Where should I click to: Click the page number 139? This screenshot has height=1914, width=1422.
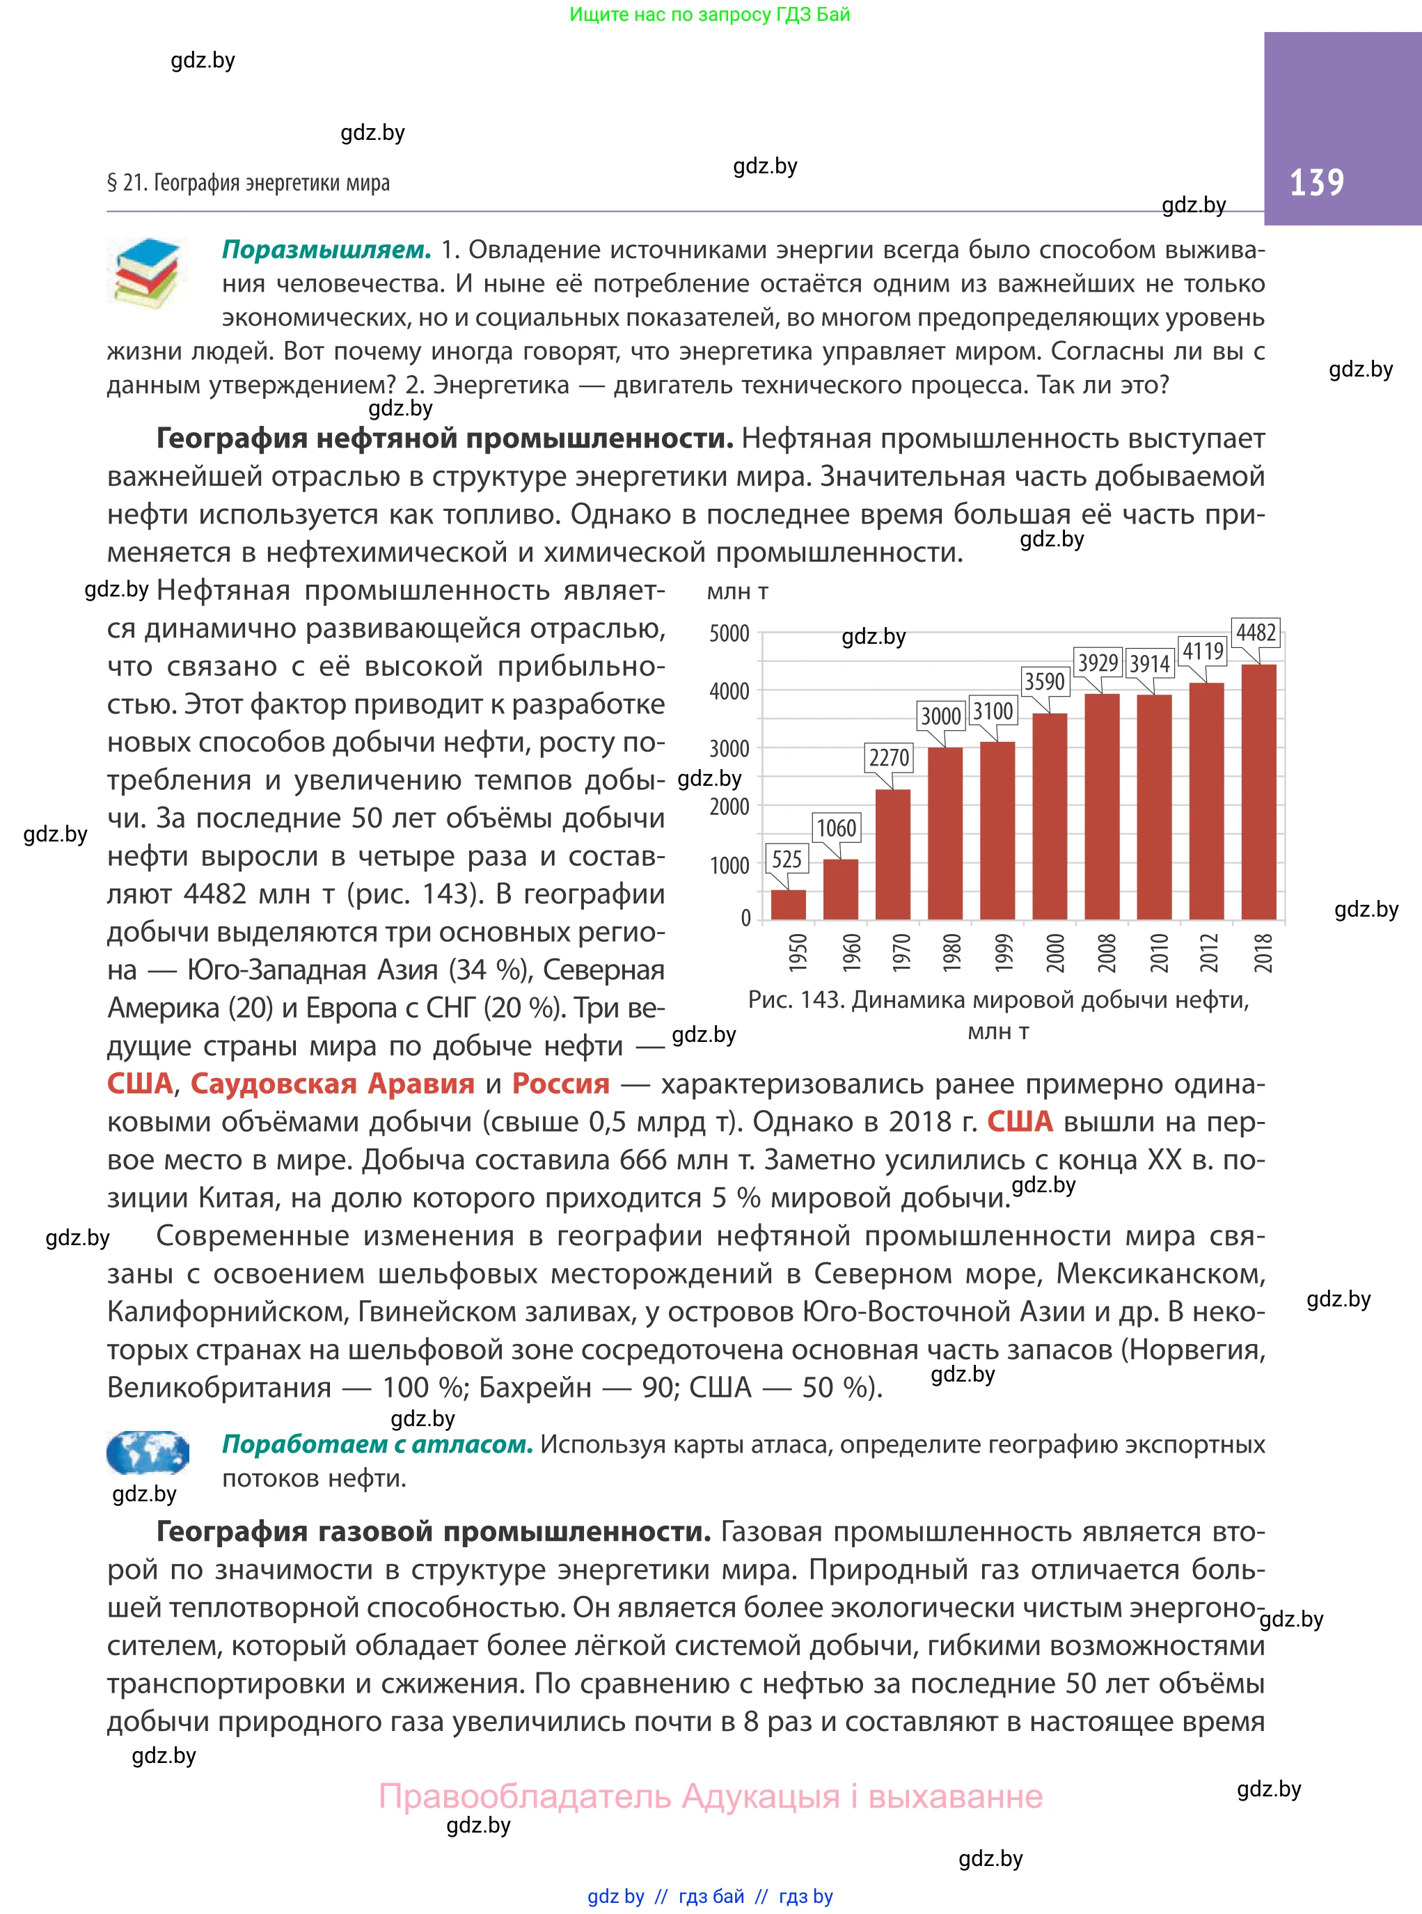click(x=1316, y=182)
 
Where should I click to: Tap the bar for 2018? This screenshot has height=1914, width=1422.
click(x=1258, y=792)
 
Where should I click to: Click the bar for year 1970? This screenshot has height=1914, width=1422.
click(x=892, y=854)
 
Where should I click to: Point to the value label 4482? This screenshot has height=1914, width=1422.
click(x=1256, y=633)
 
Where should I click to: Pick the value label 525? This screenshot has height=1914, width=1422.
click(x=787, y=859)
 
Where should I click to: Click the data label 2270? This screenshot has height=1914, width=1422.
click(x=889, y=757)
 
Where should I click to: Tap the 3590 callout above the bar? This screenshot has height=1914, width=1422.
click(x=1044, y=681)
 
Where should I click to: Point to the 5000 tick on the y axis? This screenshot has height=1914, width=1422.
click(x=729, y=634)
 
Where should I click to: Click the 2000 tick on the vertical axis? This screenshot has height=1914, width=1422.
click(x=729, y=807)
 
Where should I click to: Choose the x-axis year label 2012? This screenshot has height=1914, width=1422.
click(x=1210, y=953)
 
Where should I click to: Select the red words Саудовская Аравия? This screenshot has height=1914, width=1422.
click(x=332, y=1083)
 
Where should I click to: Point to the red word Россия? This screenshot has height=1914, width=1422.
click(x=560, y=1083)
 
